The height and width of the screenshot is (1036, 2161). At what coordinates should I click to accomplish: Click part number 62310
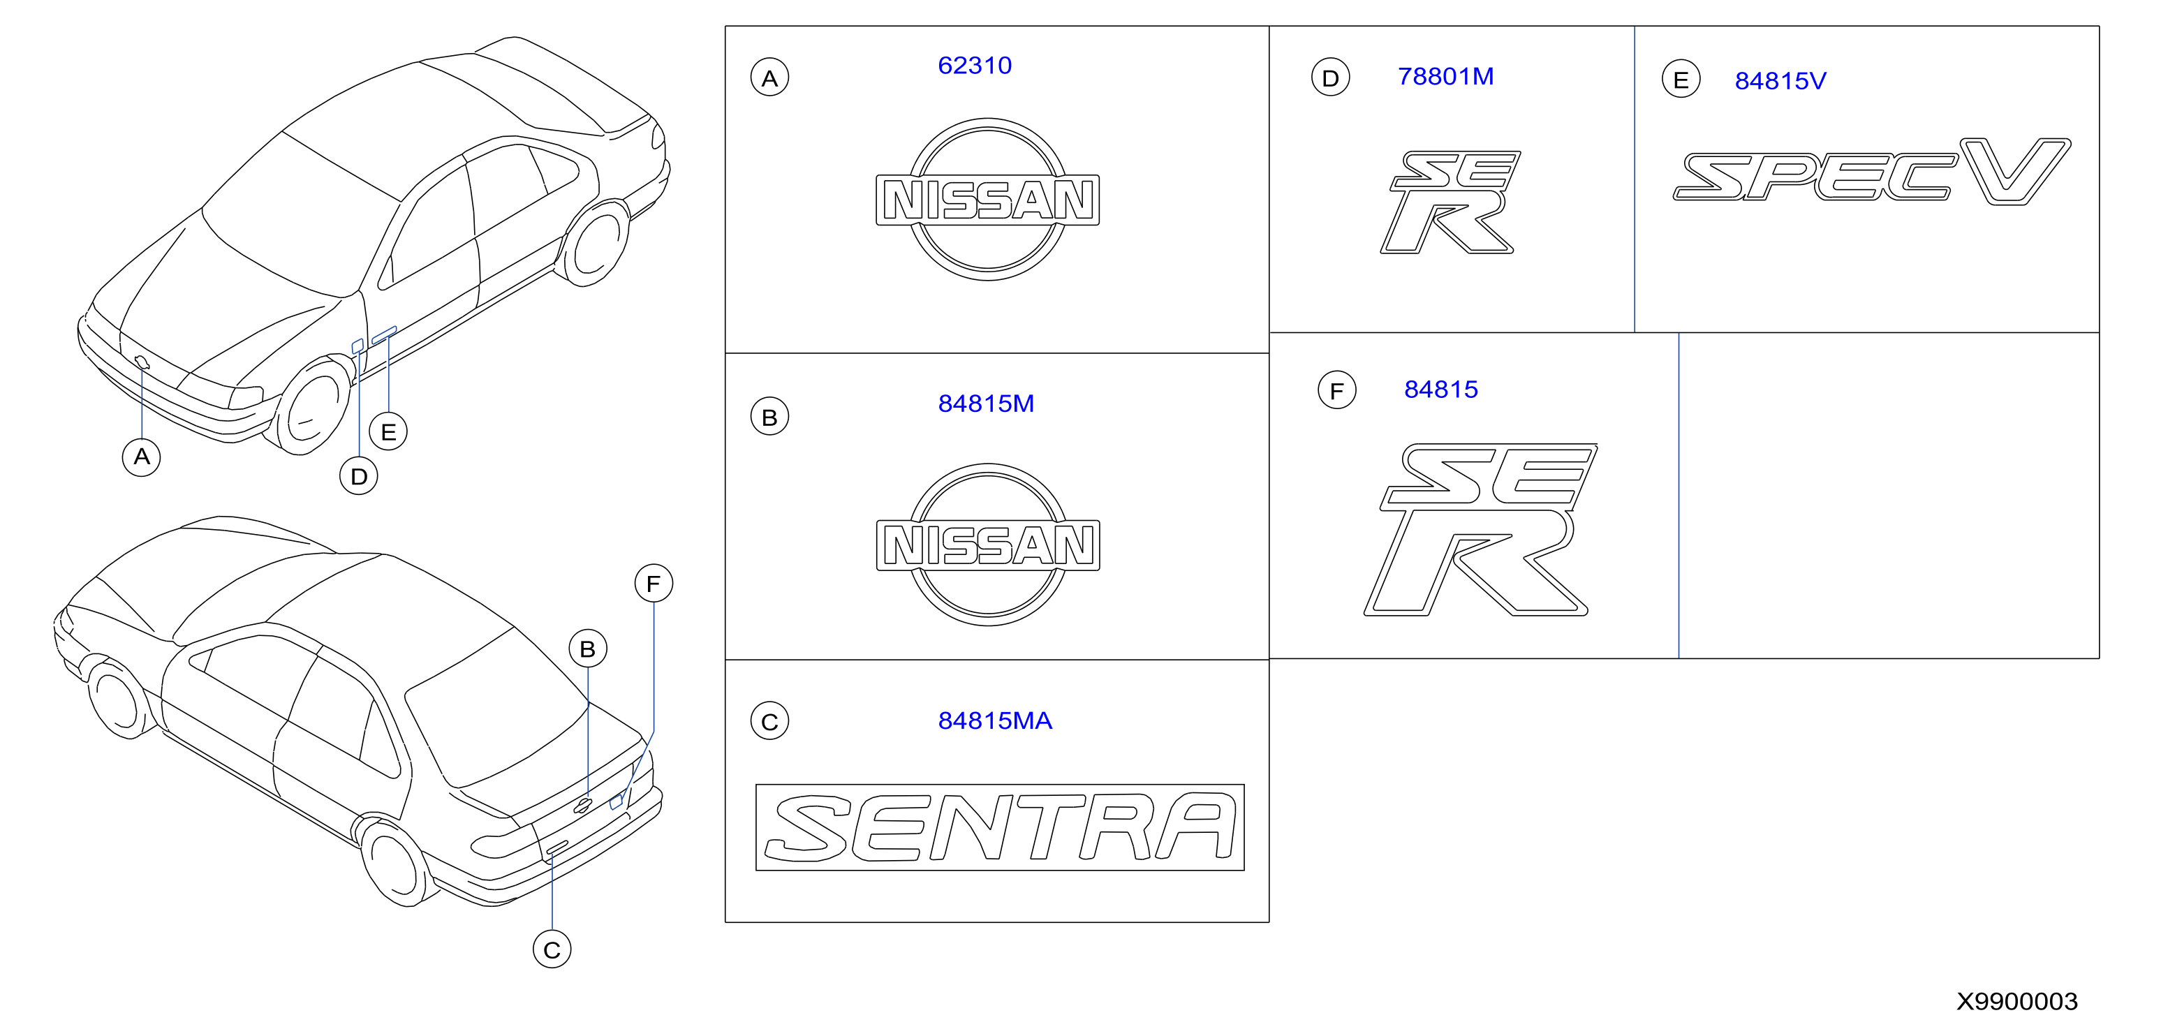point(975,66)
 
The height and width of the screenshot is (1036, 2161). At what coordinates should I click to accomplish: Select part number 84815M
point(986,404)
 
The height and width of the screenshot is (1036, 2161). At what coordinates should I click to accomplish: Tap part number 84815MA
point(995,720)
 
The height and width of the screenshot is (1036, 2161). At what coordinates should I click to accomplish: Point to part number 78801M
point(1445,76)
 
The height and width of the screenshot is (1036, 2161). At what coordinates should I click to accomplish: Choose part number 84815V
point(1780,80)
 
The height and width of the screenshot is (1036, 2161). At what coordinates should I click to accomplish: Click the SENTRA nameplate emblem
point(1000,827)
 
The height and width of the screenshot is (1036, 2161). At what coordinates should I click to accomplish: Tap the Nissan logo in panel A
point(987,200)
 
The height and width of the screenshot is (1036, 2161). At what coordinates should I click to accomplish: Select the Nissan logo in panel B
point(987,545)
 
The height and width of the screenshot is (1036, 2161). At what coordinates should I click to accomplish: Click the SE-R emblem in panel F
point(1481,530)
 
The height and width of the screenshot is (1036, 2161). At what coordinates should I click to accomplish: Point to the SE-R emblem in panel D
point(1450,202)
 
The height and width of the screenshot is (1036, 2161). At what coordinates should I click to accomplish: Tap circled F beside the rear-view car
point(654,583)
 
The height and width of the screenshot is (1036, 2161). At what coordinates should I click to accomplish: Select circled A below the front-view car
point(142,457)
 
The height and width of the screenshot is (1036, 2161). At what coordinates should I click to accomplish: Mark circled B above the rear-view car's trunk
point(587,649)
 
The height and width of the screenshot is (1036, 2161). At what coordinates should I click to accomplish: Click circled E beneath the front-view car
point(388,431)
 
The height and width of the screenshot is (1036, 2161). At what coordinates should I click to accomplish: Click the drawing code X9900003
point(2016,1001)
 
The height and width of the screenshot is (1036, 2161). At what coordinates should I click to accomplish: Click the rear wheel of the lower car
point(394,862)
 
